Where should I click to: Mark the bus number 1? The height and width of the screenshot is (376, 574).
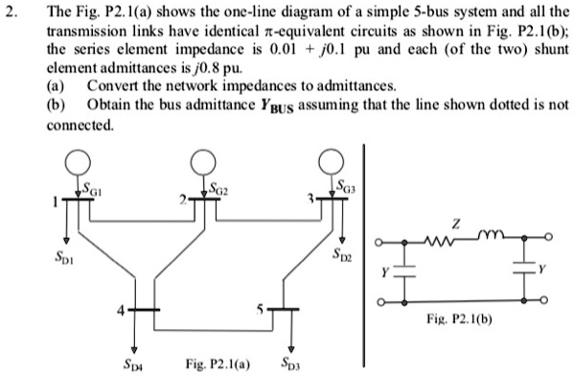pyautogui.click(x=56, y=200)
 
